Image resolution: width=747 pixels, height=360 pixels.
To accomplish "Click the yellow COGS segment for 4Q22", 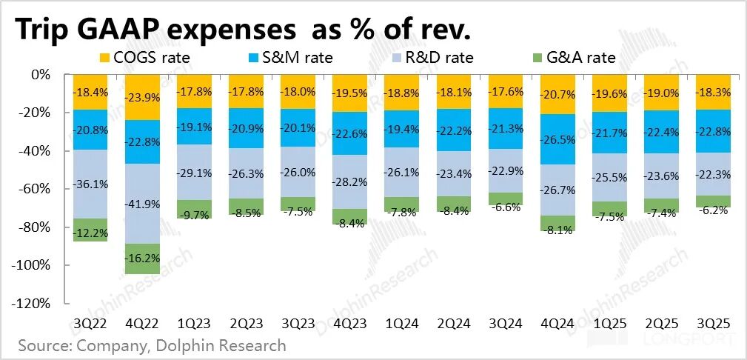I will pyautogui.click(x=144, y=97).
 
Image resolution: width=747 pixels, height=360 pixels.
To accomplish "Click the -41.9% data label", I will pyautogui.click(x=144, y=204).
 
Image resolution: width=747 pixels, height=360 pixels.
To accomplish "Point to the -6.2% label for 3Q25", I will pyautogui.click(x=714, y=210).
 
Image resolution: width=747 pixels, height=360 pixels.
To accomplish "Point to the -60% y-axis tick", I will pyautogui.click(x=36, y=189).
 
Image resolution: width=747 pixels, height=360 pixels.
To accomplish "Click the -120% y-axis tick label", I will pyautogui.click(x=33, y=304).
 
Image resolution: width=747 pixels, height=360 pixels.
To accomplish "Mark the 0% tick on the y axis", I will pyautogui.click(x=41, y=75).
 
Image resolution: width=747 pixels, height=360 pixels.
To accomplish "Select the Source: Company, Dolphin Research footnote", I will pyautogui.click(x=152, y=346).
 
